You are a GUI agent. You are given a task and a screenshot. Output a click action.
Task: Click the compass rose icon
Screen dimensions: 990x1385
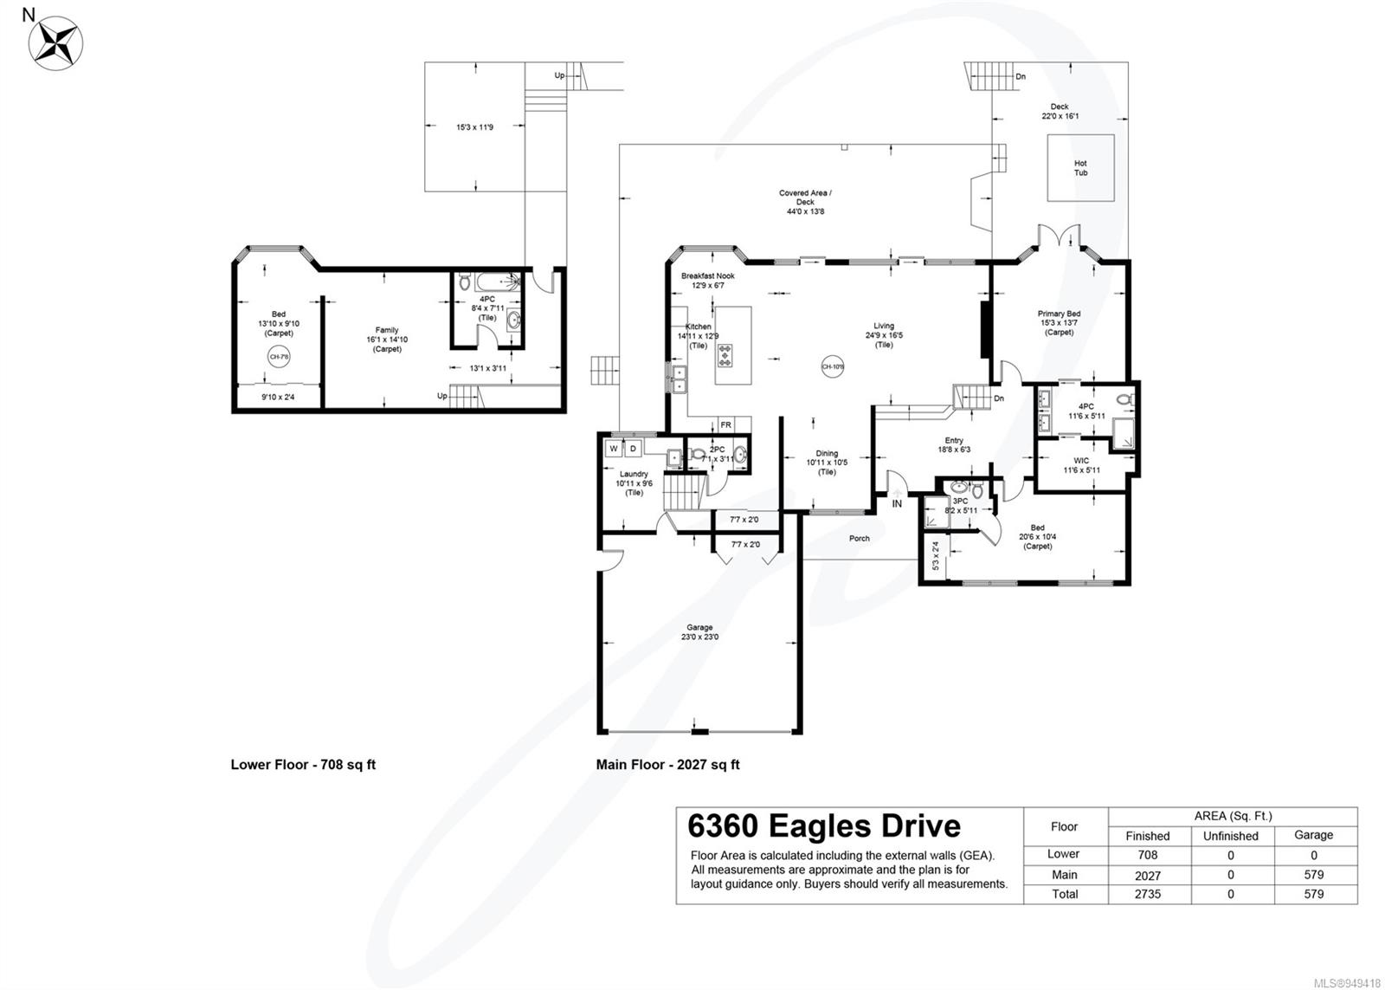coord(56,41)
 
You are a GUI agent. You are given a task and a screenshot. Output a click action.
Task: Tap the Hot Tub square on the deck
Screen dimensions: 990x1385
coord(1080,168)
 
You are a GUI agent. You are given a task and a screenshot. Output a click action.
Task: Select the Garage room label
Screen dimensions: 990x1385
coord(699,632)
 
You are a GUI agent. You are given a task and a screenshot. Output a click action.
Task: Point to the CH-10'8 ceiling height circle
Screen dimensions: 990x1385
coord(832,366)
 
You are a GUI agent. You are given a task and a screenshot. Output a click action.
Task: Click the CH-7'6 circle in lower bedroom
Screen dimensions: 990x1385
coord(279,356)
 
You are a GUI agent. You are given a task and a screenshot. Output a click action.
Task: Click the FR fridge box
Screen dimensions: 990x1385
coord(725,425)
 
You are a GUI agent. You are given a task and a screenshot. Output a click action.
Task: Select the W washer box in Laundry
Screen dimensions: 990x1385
coord(614,448)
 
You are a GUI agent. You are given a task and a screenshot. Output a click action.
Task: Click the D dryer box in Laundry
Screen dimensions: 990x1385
coord(633,448)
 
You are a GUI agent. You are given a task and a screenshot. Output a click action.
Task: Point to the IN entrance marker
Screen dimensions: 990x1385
coord(897,503)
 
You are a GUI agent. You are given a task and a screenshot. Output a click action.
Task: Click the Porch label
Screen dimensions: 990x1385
coord(859,538)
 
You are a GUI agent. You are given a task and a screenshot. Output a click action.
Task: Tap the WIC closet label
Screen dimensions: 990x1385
coord(1081,465)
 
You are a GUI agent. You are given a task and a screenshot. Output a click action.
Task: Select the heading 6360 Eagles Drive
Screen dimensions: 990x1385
coord(823,825)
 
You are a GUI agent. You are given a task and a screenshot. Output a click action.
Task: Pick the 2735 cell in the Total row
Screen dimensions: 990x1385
coord(1147,894)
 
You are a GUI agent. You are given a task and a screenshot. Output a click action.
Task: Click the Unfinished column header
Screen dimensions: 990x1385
coord(1230,836)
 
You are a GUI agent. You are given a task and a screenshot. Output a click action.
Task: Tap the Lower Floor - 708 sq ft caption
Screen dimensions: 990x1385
coord(303,765)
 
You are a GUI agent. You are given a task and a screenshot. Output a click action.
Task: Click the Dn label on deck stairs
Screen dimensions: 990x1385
coord(1021,76)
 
